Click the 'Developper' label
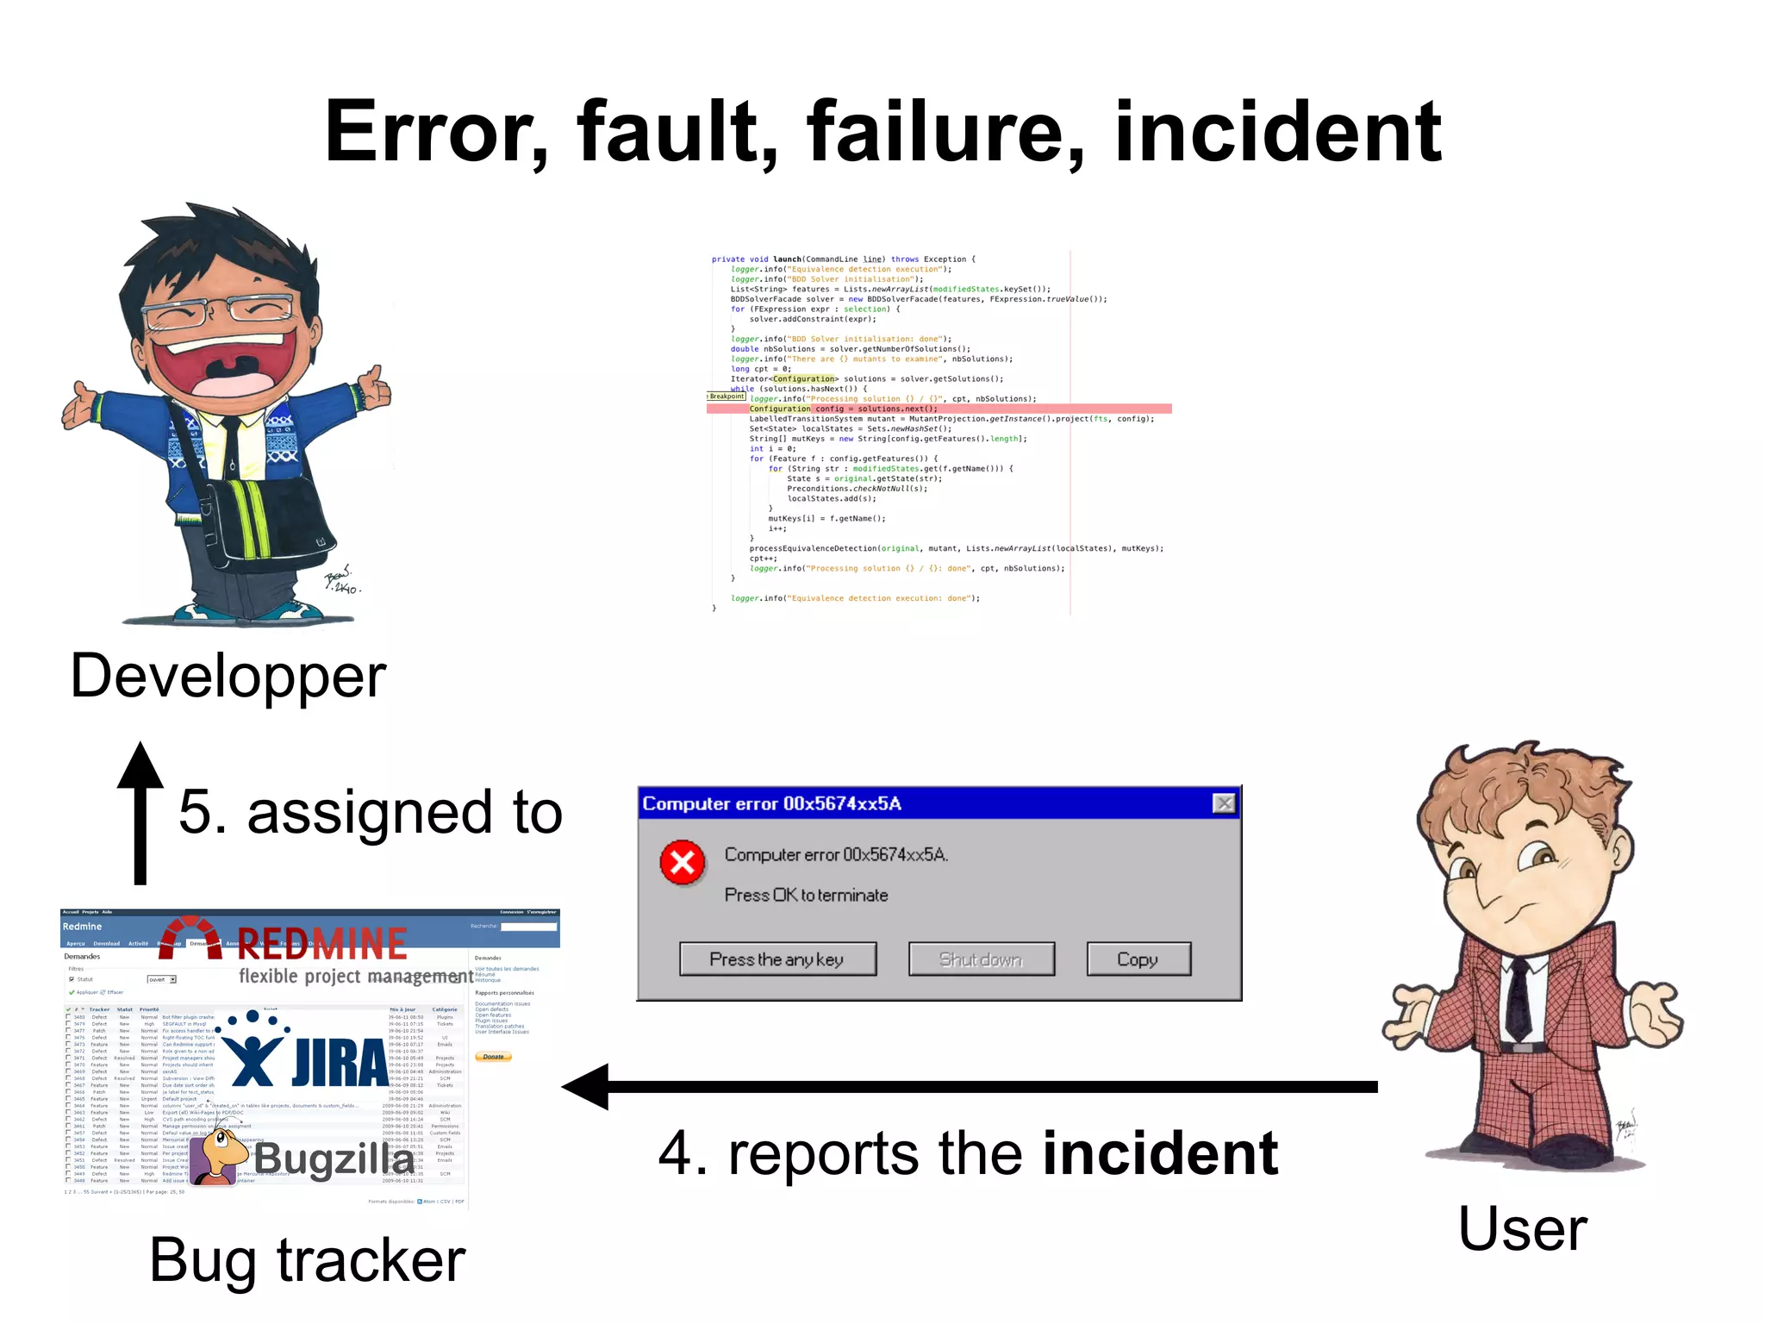(x=228, y=677)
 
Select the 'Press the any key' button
(x=777, y=959)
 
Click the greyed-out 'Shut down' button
(x=981, y=959)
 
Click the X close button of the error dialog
(x=1223, y=803)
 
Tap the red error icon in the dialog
(x=683, y=862)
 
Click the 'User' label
(x=1522, y=1229)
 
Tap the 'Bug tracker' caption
(x=308, y=1260)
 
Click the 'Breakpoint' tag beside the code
(x=727, y=397)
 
